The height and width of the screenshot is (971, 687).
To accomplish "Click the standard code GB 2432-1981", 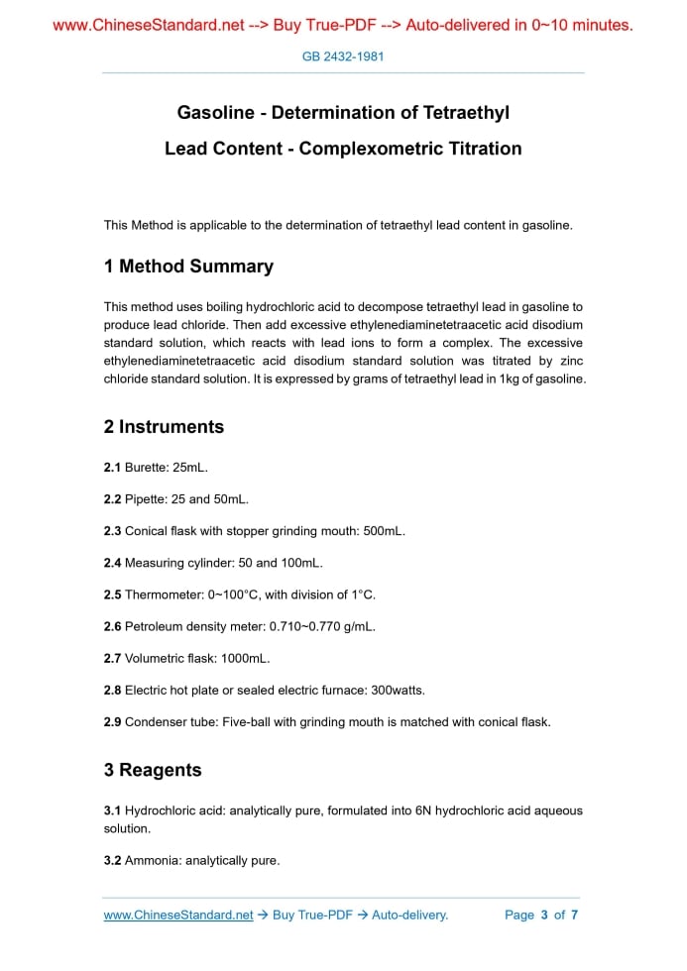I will point(343,56).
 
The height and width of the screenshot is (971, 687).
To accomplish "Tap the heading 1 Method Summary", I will point(188,267).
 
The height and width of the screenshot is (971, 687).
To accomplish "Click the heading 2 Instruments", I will point(164,427).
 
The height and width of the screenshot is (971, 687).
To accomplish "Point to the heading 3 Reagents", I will point(153,770).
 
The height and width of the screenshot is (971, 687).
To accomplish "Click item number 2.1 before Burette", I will point(112,467).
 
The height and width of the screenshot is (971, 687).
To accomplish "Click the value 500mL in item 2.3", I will point(383,531).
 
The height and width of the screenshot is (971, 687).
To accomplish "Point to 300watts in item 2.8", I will point(389,690).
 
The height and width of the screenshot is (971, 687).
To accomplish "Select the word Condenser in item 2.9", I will point(154,722).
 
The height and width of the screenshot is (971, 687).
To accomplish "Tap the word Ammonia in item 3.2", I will point(149,860).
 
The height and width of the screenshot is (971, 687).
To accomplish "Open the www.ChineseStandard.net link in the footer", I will point(178,915).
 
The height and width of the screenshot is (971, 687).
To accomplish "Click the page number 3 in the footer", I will point(544,915).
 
